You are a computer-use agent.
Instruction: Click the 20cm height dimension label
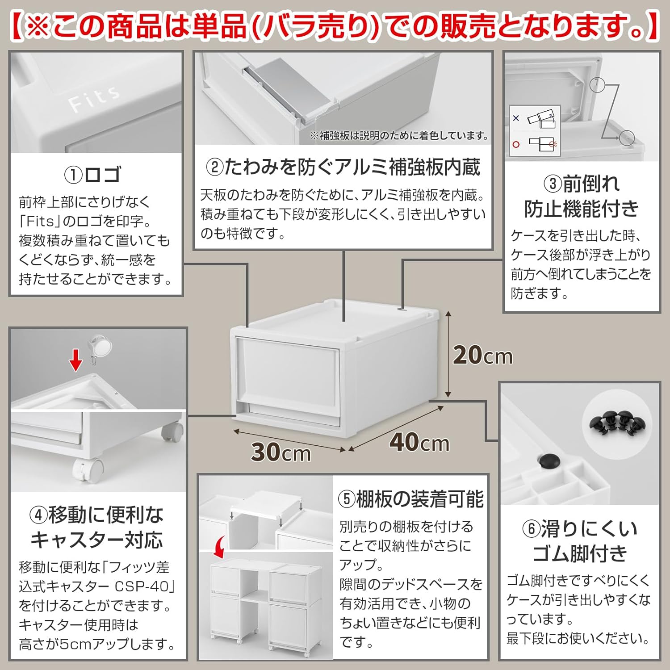(482, 356)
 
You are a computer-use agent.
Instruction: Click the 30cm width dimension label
(281, 452)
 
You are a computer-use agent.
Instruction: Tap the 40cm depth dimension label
(419, 442)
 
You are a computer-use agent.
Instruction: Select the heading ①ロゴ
(93, 174)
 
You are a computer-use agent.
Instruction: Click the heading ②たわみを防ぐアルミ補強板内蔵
(343, 167)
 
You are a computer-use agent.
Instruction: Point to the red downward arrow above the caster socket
(76, 360)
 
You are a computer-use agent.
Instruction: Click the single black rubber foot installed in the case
(549, 461)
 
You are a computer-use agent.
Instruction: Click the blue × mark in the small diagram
(516, 118)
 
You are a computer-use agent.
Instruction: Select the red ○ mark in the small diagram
(516, 144)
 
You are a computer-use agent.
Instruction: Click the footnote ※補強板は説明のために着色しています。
(400, 136)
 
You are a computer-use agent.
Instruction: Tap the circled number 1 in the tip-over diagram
(597, 84)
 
